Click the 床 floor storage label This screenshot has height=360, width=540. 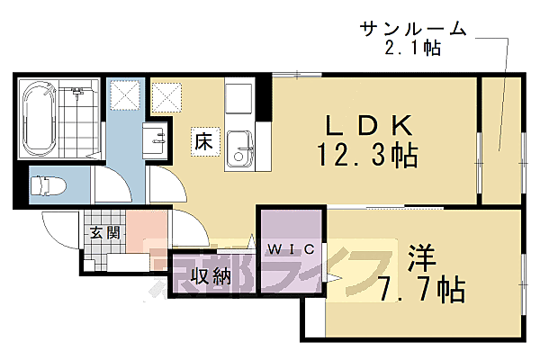[202, 141]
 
